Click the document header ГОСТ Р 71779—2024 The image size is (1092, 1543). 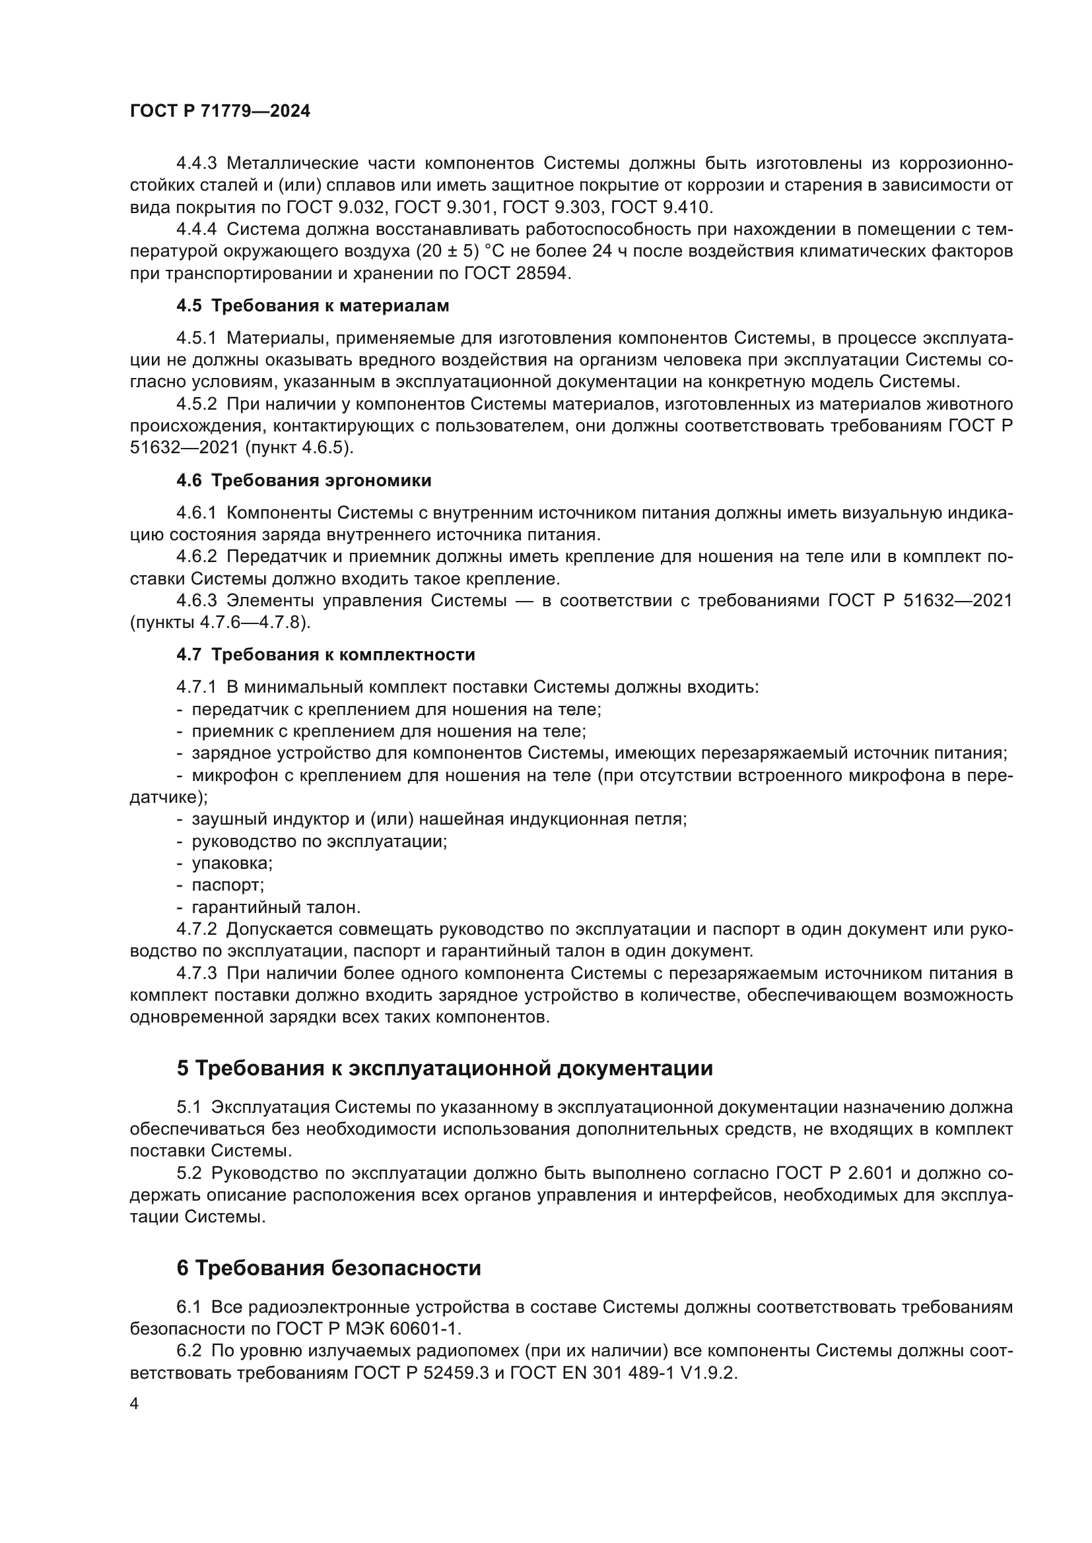(220, 111)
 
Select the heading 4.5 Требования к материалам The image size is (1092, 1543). (313, 306)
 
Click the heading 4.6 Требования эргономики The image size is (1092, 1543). (304, 480)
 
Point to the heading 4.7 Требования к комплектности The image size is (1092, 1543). (325, 654)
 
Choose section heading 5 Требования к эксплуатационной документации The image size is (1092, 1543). (444, 1068)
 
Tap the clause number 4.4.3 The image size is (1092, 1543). (196, 164)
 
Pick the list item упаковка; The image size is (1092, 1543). (232, 864)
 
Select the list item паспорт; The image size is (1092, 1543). (228, 885)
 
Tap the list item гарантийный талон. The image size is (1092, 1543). (276, 907)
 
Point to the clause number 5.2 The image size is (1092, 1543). (189, 1174)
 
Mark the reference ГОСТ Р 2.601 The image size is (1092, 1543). (835, 1174)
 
